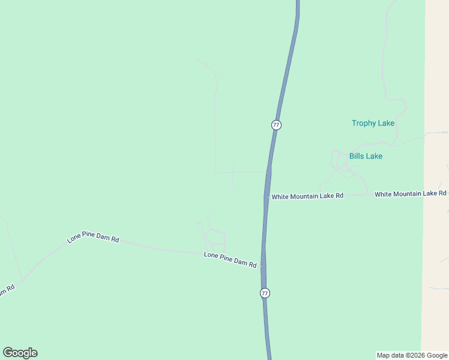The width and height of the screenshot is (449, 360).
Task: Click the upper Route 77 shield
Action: (x=276, y=125)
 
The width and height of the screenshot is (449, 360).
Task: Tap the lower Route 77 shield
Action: (x=265, y=293)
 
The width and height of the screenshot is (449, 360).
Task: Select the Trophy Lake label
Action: (x=373, y=123)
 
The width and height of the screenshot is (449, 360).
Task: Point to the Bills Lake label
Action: (x=366, y=156)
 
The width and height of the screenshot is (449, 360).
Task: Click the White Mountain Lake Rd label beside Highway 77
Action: (x=307, y=196)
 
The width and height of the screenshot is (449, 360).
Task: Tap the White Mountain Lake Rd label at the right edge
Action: (x=411, y=194)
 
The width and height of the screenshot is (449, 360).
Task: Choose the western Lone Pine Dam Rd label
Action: (x=93, y=237)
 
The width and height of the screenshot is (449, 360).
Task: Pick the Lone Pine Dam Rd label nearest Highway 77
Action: (x=230, y=260)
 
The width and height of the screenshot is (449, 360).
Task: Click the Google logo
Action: (x=20, y=353)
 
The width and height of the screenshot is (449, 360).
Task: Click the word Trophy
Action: (x=364, y=123)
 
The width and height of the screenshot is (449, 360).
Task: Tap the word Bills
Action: (x=358, y=156)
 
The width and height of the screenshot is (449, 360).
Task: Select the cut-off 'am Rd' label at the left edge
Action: (x=6, y=290)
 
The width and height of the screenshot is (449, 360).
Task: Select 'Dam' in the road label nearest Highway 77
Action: (x=241, y=262)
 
